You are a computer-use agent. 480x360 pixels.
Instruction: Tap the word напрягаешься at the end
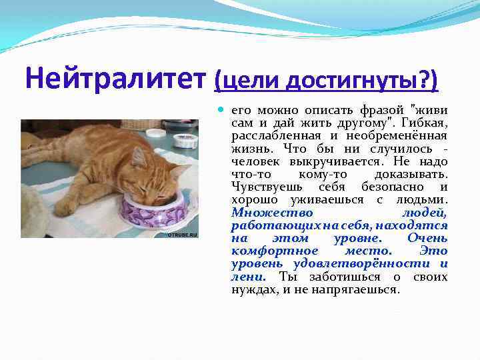click(x=364, y=290)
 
